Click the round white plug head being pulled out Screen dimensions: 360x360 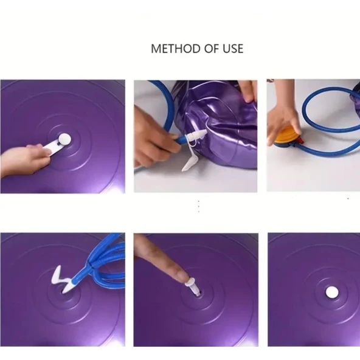[64, 138]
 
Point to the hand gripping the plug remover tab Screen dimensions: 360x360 [21, 159]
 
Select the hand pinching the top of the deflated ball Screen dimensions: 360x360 [247, 91]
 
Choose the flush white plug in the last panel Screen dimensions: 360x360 [331, 292]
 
